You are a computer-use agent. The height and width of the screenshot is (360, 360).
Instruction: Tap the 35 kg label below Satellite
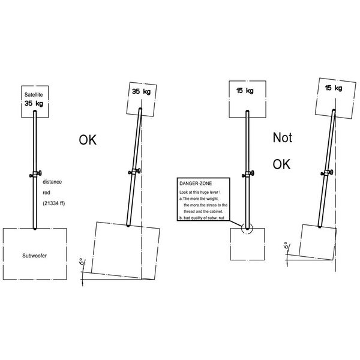33,103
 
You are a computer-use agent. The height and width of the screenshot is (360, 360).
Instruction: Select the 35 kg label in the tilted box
142,91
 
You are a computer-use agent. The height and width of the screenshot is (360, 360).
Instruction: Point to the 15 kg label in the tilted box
333,88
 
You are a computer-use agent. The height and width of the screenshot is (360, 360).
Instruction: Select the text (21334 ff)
56,205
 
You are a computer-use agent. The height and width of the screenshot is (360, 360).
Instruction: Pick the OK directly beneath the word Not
282,163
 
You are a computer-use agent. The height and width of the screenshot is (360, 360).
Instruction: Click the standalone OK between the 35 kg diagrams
88,140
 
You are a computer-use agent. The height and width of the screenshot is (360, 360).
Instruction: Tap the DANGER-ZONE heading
195,181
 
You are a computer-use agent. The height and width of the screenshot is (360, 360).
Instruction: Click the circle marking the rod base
245,228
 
